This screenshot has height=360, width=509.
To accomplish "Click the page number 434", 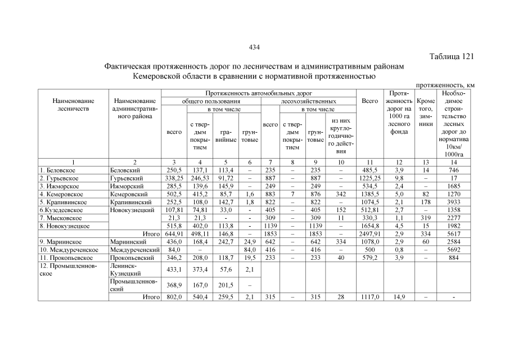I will coord(254,47).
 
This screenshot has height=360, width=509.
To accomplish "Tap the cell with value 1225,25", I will coord(370,178).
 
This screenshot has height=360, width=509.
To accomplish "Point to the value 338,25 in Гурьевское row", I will coord(174,178).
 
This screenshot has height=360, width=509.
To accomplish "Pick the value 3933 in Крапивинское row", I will coord(454,202).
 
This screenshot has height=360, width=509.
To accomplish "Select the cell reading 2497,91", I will coord(370,233).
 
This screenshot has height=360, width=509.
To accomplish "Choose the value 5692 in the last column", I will coord(454,249).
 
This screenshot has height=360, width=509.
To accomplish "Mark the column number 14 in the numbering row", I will coord(454,162).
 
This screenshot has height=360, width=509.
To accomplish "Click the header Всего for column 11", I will coord(370,101).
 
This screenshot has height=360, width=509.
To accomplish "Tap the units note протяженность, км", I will coord(445,84).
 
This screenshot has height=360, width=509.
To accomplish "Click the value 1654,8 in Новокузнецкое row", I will coord(370,226).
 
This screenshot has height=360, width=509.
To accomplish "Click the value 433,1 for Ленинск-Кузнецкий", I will coord(174,269).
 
